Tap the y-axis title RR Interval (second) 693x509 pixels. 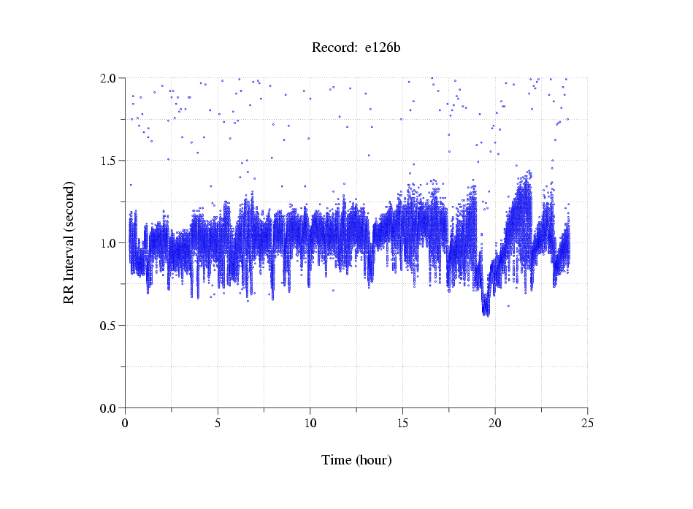pos(69,242)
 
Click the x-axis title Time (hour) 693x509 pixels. pos(356,460)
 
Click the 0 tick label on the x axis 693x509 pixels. pos(126,423)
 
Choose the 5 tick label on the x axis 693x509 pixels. pos(218,423)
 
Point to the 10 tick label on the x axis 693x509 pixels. pos(310,423)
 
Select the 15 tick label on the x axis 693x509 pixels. pos(402,423)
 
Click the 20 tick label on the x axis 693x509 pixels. pos(495,423)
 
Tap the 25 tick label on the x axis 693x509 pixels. pos(587,423)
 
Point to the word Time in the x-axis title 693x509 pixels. pos(337,460)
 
